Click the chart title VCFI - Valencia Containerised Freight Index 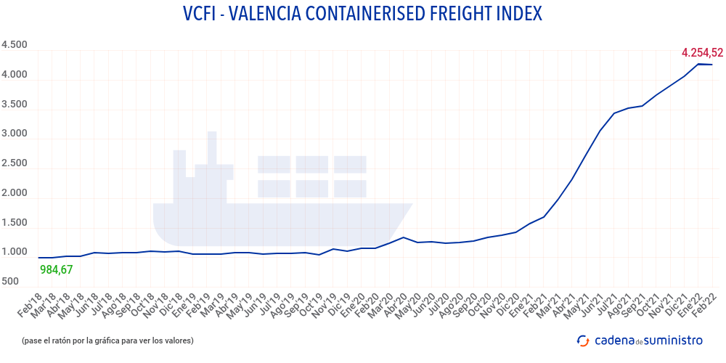(x=362, y=14)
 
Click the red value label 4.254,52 (x=702, y=52)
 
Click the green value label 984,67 (x=57, y=270)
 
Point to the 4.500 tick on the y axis (x=15, y=45)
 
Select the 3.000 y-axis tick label (x=15, y=134)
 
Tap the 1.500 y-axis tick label (x=15, y=223)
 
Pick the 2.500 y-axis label (x=15, y=163)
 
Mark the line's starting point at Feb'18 (x=38, y=258)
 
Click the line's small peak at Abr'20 (x=404, y=237)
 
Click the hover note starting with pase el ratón (x=107, y=340)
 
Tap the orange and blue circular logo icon (x=582, y=340)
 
